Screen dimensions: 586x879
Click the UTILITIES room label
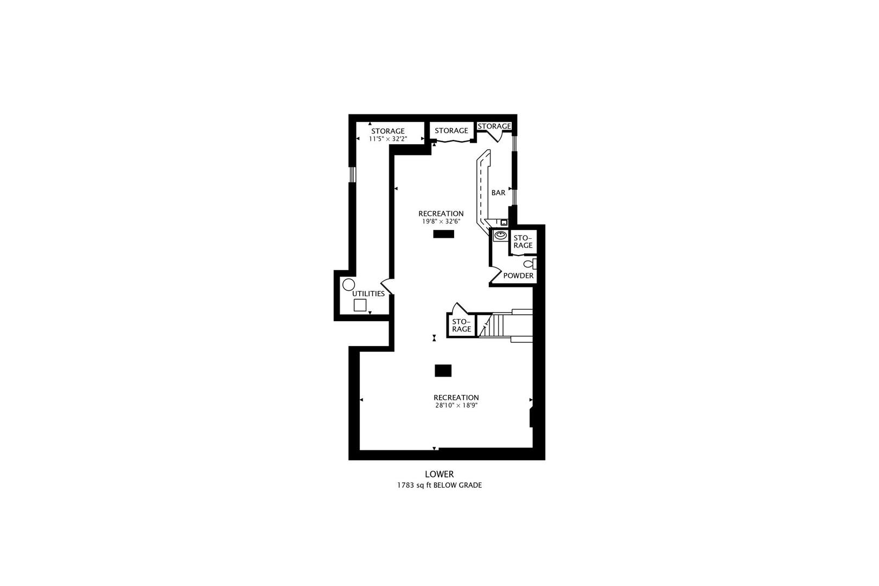[368, 294]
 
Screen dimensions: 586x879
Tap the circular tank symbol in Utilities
[348, 284]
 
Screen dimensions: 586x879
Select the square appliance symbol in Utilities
[360, 305]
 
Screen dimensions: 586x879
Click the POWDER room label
[518, 276]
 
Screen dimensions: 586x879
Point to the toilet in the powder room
[530, 264]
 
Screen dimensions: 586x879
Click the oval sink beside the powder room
[500, 235]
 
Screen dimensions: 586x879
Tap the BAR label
[498, 193]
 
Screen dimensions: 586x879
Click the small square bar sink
[504, 222]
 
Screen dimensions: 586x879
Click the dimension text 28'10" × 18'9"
[456, 405]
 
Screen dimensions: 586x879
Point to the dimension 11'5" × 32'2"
[387, 139]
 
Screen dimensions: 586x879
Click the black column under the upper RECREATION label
[443, 234]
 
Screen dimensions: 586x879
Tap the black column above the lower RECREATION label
[443, 371]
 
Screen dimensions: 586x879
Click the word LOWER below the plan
[439, 474]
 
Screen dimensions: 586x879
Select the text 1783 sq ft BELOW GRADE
[439, 486]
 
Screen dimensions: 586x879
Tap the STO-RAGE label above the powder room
[523, 242]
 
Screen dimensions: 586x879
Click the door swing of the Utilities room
[386, 286]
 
